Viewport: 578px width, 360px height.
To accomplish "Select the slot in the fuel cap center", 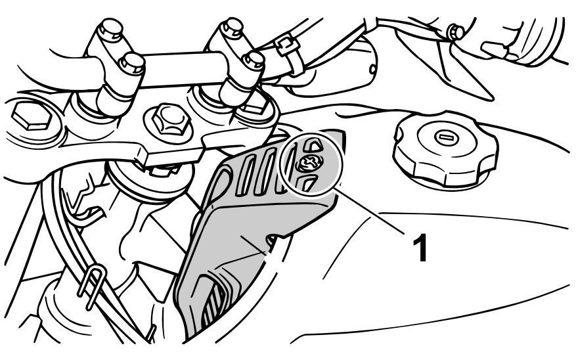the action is point(443,137).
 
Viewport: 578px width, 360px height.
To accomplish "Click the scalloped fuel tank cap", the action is point(446,148).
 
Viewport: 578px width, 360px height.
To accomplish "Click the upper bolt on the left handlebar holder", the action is point(110,29).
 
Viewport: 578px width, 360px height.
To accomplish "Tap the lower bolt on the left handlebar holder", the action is point(132,64).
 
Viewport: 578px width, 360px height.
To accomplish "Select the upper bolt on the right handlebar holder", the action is point(231,28).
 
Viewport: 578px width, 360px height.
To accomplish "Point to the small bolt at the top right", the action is point(456,32).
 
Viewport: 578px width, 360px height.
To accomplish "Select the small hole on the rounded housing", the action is point(372,68).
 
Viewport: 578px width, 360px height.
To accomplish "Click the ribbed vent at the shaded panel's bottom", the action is point(212,298).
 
